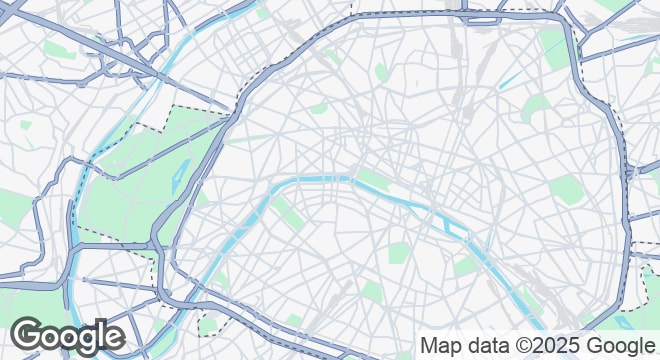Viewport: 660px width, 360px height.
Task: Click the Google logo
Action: click(x=67, y=337)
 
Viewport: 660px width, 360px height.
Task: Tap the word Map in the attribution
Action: click(x=441, y=346)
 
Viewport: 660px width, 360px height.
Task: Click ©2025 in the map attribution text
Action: click(x=550, y=346)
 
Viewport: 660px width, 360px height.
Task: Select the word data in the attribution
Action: click(x=487, y=346)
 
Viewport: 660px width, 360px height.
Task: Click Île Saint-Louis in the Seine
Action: click(x=454, y=229)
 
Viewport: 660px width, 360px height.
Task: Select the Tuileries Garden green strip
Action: click(x=373, y=180)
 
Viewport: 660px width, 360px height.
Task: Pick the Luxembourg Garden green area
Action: click(x=398, y=253)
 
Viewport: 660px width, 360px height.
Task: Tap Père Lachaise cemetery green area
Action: click(x=565, y=188)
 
